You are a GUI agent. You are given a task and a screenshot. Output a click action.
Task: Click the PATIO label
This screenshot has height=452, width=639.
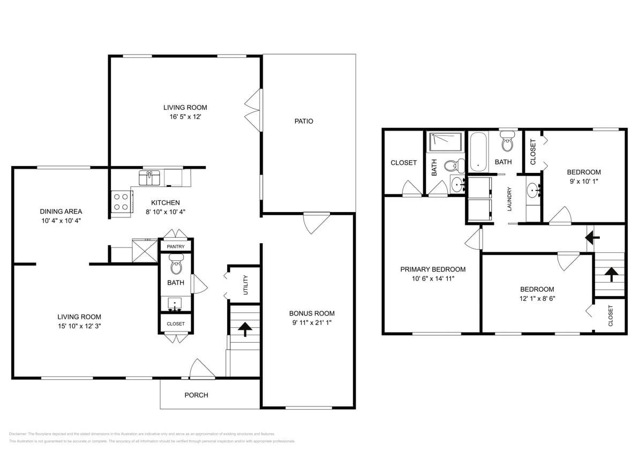[x=304, y=122]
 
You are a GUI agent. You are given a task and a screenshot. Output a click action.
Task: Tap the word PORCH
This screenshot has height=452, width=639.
[x=196, y=395]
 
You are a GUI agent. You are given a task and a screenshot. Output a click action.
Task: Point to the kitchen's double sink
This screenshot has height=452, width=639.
[x=149, y=177]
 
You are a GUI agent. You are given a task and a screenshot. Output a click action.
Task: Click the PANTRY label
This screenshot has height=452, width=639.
[x=176, y=247]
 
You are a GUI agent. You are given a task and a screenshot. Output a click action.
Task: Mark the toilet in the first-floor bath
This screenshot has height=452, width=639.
[x=176, y=265]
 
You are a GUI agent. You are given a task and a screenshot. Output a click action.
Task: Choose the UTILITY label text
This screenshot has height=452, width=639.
[x=246, y=285]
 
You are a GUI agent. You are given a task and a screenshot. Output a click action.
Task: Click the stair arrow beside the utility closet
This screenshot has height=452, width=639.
[x=244, y=328]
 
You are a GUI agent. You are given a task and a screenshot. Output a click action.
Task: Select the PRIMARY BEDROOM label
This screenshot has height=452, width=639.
[x=433, y=269]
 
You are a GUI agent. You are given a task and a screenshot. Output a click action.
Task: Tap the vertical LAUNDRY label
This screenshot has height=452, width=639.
[x=510, y=199]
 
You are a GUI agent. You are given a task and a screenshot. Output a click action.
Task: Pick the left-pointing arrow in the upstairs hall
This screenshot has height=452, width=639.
[x=592, y=236]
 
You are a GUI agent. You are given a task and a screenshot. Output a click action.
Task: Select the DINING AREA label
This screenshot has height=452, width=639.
[x=61, y=212]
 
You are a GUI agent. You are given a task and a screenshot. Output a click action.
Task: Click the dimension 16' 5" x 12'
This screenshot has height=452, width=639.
[x=185, y=116]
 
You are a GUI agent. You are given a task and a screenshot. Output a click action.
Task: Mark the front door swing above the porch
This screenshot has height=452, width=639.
[x=202, y=368]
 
